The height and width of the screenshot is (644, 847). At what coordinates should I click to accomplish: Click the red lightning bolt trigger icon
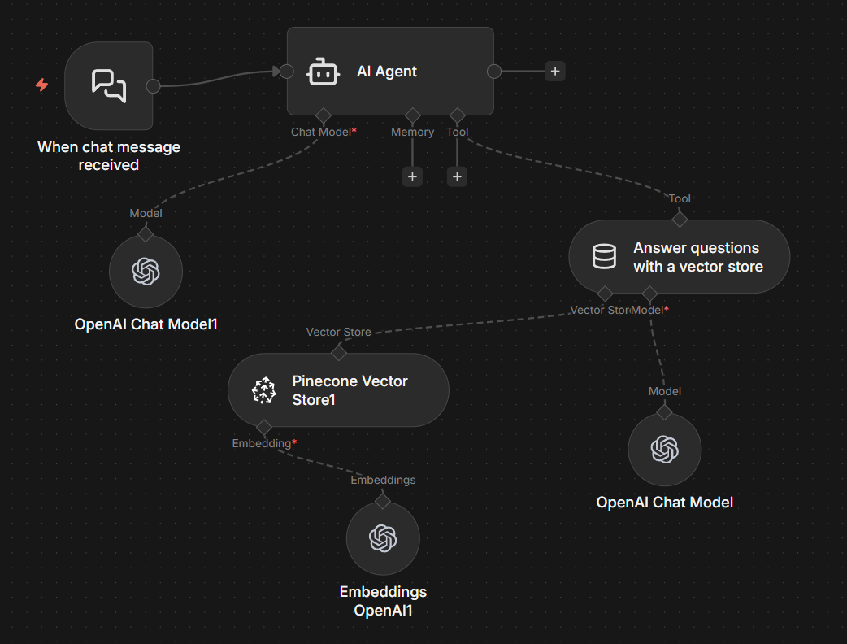(x=41, y=85)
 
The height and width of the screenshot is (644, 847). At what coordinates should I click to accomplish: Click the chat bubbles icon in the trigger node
(x=109, y=85)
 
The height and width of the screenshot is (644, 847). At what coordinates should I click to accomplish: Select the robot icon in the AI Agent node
(x=323, y=72)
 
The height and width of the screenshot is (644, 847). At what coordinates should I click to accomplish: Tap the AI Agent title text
(x=387, y=72)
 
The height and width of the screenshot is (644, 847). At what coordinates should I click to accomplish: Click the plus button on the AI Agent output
(x=555, y=72)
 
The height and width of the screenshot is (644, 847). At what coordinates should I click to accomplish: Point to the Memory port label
(x=412, y=132)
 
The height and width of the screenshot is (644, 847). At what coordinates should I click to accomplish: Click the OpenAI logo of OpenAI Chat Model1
(x=146, y=272)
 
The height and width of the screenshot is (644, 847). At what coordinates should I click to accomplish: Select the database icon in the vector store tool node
(x=604, y=257)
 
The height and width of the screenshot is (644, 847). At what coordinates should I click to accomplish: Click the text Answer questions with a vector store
(x=697, y=257)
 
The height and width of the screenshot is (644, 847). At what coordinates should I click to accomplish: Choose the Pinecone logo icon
(x=263, y=391)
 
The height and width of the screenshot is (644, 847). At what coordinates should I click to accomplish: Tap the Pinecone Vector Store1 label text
(x=350, y=390)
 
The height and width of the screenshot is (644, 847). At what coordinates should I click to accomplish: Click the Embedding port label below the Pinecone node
(x=263, y=443)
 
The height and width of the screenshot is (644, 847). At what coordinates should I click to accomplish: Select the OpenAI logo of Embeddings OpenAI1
(x=383, y=537)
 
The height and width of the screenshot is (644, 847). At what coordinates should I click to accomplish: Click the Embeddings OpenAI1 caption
(x=383, y=601)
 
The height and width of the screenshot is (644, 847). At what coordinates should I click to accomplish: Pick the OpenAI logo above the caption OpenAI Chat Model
(x=664, y=449)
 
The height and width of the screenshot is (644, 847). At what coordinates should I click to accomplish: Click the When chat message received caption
(x=109, y=156)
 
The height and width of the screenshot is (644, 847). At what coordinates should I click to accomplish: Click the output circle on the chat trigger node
(x=152, y=86)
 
